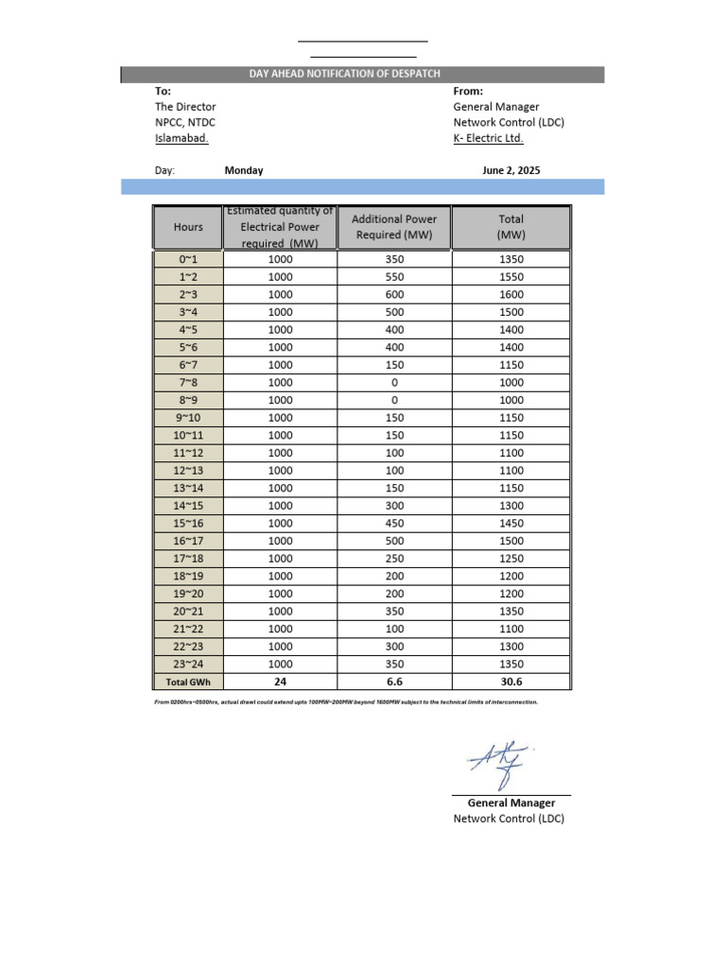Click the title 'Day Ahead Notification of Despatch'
[x=344, y=74]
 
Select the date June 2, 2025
[x=511, y=170]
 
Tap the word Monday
[x=244, y=170]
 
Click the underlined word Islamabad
[x=182, y=138]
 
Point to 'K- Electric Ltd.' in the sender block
[x=488, y=138]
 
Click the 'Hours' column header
[x=188, y=227]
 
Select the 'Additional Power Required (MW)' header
[x=394, y=227]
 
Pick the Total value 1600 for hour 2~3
[x=511, y=295]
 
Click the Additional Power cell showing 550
[x=394, y=277]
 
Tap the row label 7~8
[x=188, y=383]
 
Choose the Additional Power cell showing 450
[x=394, y=523]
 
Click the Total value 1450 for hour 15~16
[x=511, y=523]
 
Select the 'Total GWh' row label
[x=188, y=682]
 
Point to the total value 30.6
[x=511, y=682]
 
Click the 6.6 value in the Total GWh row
[x=394, y=682]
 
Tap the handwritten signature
[x=498, y=765]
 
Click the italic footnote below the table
[x=346, y=702]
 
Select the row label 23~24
[x=188, y=664]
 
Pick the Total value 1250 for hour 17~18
[x=511, y=559]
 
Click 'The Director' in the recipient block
[x=185, y=107]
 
